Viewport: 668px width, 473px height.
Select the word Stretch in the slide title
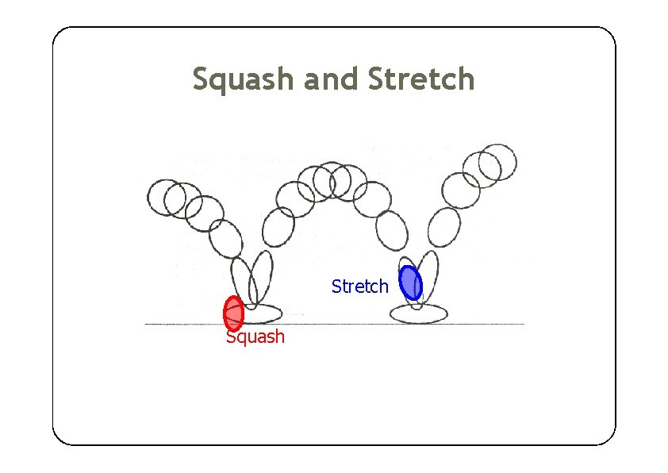point(421,80)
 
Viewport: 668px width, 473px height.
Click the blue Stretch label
point(360,286)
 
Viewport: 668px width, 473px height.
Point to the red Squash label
point(255,336)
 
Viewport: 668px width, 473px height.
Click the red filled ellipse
point(233,313)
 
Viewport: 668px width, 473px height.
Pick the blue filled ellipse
point(410,282)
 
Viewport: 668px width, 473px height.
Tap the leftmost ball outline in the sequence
point(164,196)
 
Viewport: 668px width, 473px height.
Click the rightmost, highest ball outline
point(499,160)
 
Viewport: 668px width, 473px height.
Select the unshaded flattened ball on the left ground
point(263,311)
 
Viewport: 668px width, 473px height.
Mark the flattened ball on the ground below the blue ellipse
point(417,313)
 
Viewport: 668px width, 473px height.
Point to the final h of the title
point(466,80)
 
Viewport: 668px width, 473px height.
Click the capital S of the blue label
point(336,286)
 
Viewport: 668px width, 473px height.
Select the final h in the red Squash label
point(279,336)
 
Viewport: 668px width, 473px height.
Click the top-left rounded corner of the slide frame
point(59,33)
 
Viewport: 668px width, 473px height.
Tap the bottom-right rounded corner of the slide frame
point(609,438)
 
